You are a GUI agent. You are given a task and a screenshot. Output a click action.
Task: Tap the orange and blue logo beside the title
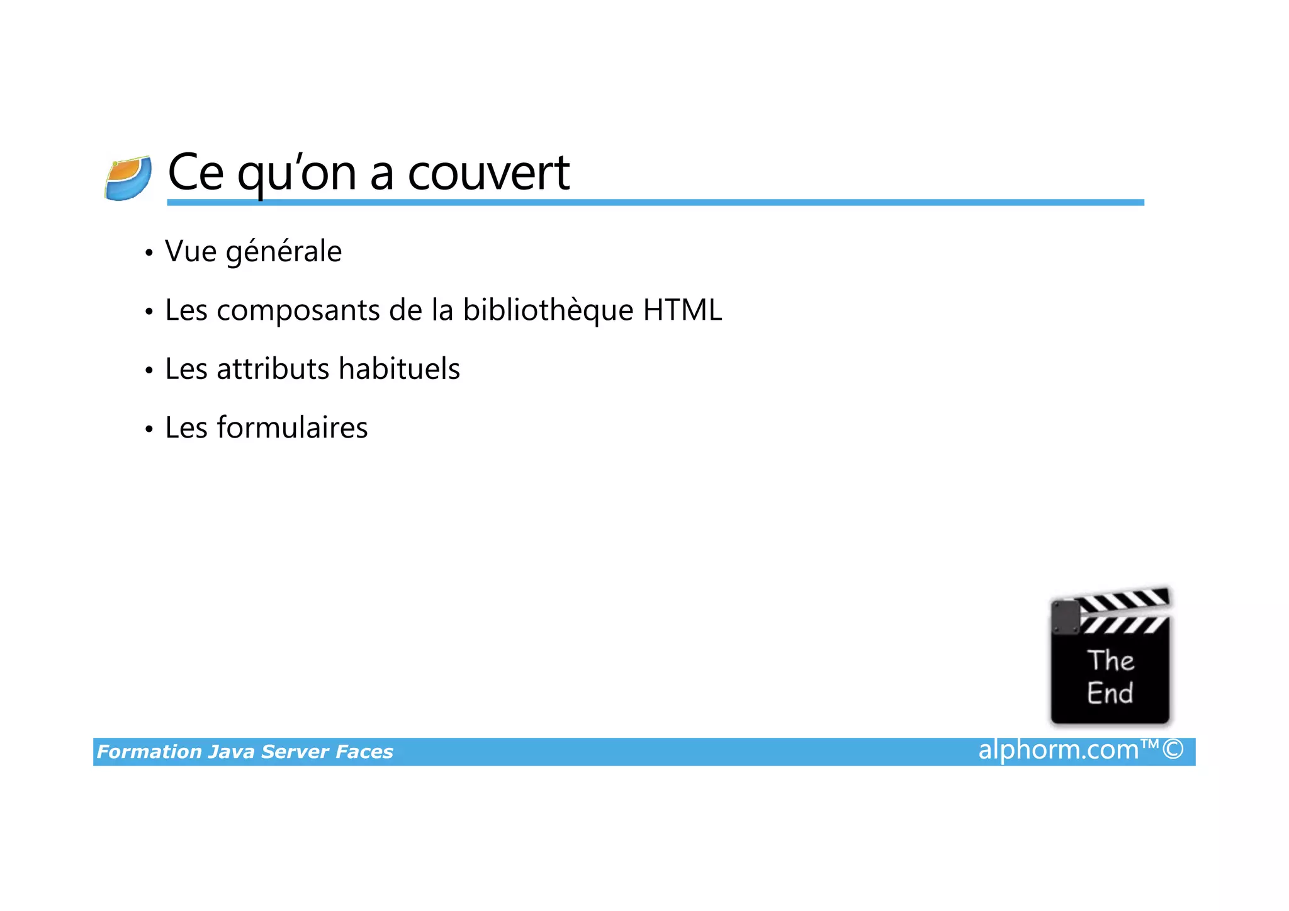coord(128,178)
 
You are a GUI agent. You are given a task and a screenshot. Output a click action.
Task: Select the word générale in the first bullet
coord(283,252)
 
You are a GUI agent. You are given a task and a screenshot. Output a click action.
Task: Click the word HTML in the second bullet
coord(682,310)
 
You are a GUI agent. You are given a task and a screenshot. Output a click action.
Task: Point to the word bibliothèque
coord(548,310)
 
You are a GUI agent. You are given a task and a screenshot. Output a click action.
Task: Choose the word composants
coord(298,311)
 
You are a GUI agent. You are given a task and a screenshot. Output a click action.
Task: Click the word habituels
coord(399,369)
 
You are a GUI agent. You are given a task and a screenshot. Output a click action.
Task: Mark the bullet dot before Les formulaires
coord(149,430)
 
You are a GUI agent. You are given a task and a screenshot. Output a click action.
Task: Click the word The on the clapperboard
coord(1110,660)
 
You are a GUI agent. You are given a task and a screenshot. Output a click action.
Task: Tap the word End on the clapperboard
coord(1110,693)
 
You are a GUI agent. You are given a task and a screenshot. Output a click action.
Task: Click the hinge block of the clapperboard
coord(1066,618)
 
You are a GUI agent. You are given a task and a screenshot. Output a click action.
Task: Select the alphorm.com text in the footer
coord(1058,750)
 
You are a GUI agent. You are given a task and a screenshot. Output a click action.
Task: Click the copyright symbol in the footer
coord(1173,750)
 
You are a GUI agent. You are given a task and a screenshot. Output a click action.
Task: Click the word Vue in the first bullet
coord(191,252)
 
